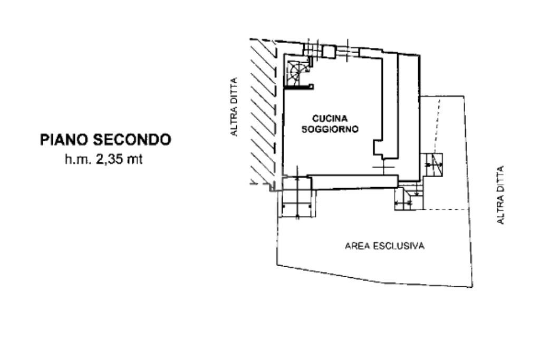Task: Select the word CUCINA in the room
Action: coord(330,119)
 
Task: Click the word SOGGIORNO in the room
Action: coord(330,129)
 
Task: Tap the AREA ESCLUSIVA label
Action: coord(384,246)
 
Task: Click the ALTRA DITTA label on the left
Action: coord(234,107)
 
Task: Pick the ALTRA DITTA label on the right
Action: coord(500,195)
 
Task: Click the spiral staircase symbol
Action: coord(294,73)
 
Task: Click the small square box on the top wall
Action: coord(329,52)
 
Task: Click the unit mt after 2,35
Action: coord(135,160)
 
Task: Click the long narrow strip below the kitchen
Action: coord(354,182)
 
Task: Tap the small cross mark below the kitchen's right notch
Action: coord(383,167)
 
